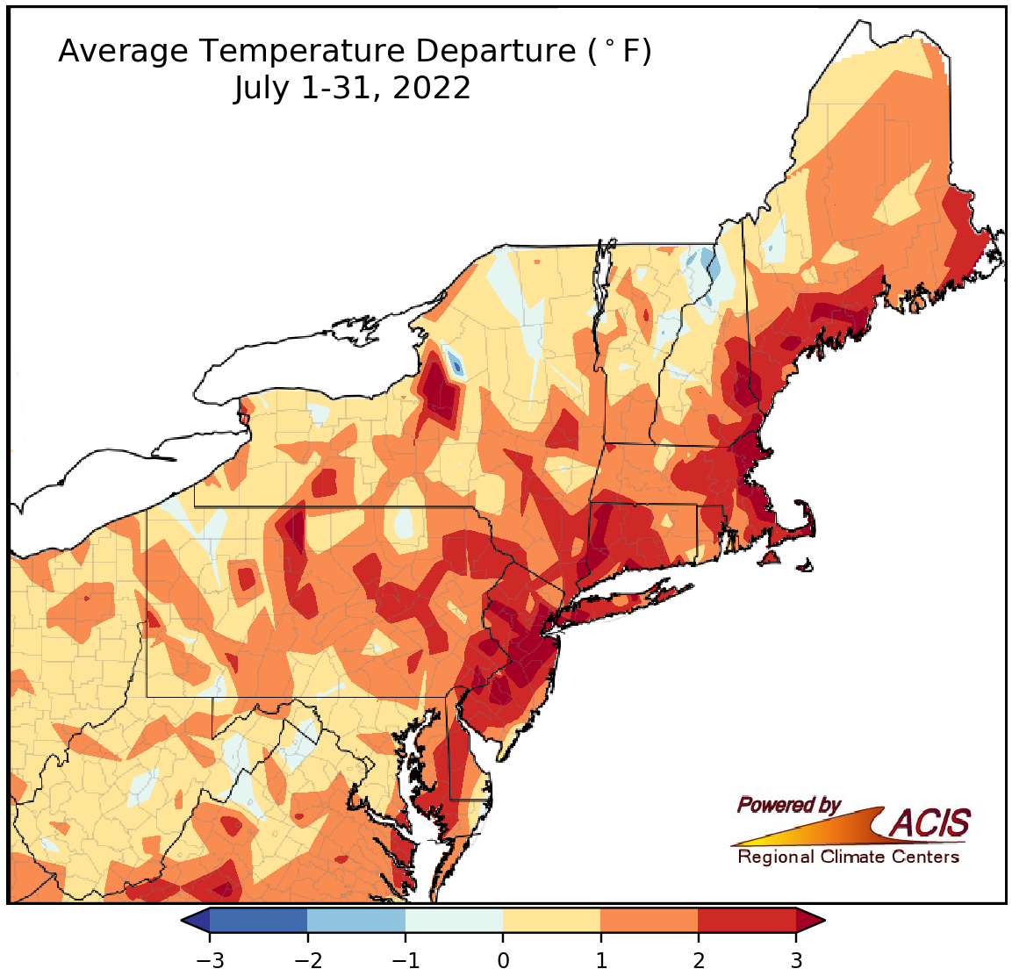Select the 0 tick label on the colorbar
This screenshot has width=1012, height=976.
click(503, 960)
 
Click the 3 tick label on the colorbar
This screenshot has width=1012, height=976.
click(796, 960)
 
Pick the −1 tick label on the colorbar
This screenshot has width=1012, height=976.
click(404, 960)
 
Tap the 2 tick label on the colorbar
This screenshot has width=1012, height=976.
click(699, 960)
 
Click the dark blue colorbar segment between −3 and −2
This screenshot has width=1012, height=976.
click(259, 920)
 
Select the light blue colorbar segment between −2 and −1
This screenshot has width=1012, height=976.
click(356, 920)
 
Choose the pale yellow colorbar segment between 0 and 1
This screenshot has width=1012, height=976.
click(552, 920)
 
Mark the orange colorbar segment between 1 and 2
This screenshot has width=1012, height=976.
click(650, 920)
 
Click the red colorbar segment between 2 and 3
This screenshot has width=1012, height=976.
click(747, 920)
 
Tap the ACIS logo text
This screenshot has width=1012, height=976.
click(930, 823)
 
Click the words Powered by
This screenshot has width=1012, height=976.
click(788, 805)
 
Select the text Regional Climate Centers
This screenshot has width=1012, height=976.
click(848, 857)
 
